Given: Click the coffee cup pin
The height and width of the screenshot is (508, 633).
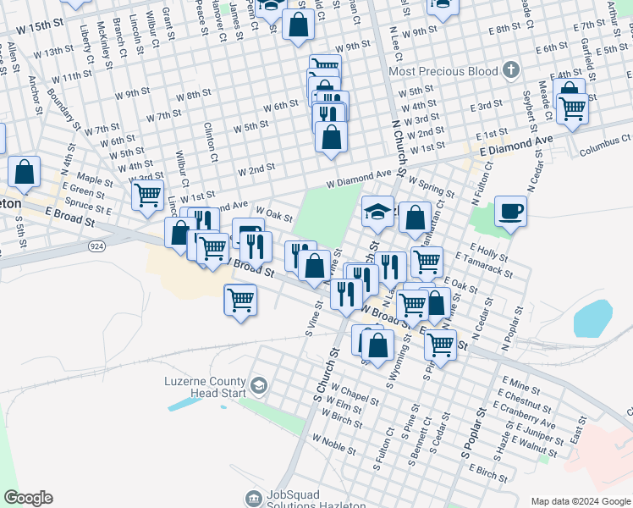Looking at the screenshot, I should pos(510,211).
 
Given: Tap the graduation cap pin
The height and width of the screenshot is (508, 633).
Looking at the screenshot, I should pos(378,212).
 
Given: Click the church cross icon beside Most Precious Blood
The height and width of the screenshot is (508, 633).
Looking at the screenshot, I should pos(509,69).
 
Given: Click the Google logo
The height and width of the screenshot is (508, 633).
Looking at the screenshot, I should pos(28,498).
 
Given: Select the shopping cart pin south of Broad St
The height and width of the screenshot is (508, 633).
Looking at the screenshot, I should pos(240,300).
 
